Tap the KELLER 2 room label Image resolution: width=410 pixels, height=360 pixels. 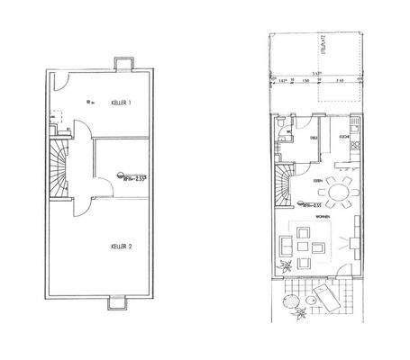point(123,245)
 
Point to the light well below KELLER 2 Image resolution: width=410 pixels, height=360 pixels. point(120,303)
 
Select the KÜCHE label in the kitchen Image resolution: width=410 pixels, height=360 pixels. point(344,138)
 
